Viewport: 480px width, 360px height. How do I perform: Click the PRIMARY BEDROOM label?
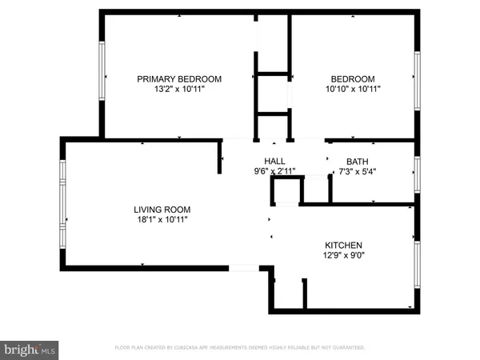click(179, 78)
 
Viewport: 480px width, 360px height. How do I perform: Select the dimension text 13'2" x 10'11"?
click(179, 90)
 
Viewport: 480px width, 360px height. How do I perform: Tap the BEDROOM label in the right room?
click(353, 78)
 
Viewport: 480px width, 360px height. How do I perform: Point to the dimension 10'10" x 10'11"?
click(353, 90)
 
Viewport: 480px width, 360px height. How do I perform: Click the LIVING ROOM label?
click(162, 210)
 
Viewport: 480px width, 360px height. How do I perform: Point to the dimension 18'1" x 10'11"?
click(162, 220)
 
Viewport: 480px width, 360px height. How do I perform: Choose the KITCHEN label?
click(343, 245)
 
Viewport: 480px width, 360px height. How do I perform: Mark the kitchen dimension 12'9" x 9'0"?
click(343, 256)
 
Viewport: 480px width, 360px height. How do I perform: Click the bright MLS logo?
click(30, 349)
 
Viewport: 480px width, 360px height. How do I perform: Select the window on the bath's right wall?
click(416, 172)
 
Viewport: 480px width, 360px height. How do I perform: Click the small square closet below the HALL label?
click(287, 192)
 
